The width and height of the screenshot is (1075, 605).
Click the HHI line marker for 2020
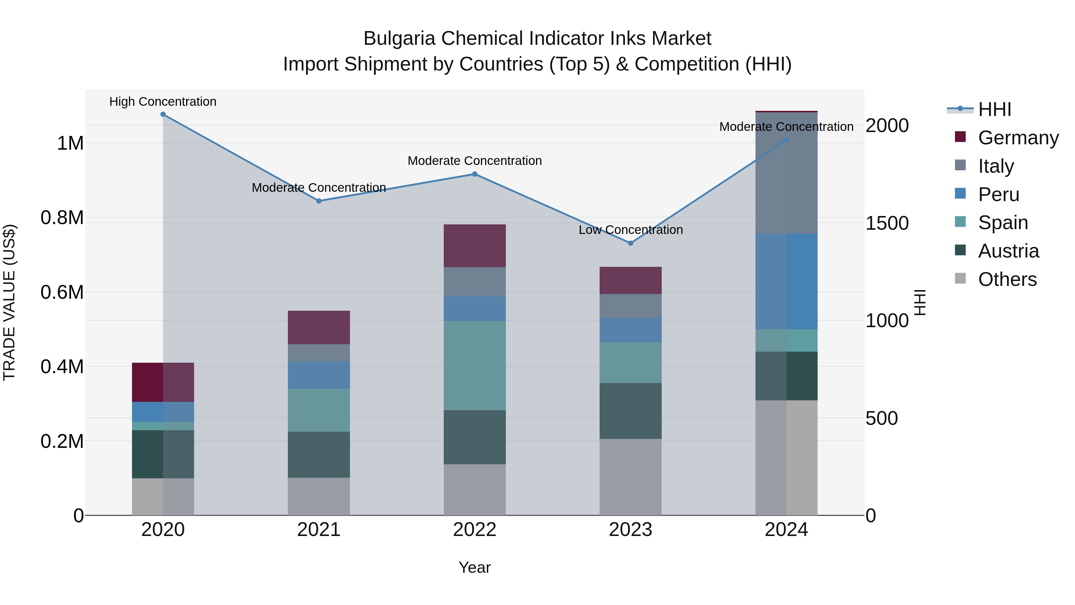tap(163, 114)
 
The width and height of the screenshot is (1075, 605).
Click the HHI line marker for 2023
tap(631, 243)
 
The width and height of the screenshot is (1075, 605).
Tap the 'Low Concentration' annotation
tap(631, 230)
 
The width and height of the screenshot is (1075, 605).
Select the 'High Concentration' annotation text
tap(163, 102)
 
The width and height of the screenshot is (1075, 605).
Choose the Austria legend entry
tap(1008, 251)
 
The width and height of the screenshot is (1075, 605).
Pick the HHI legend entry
tap(994, 109)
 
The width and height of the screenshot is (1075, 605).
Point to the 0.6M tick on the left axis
tap(62, 292)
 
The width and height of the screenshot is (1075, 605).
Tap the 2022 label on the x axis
tap(474, 530)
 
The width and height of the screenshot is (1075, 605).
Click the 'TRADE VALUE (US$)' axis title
tap(9, 302)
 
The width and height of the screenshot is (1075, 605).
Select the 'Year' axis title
tap(474, 567)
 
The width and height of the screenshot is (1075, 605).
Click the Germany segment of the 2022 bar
tap(474, 246)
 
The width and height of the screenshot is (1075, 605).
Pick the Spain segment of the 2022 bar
tap(474, 365)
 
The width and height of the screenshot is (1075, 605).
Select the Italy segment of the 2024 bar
tap(786, 173)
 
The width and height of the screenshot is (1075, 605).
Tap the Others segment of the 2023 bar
tap(631, 477)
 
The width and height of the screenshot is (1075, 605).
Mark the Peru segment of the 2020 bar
tap(163, 412)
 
